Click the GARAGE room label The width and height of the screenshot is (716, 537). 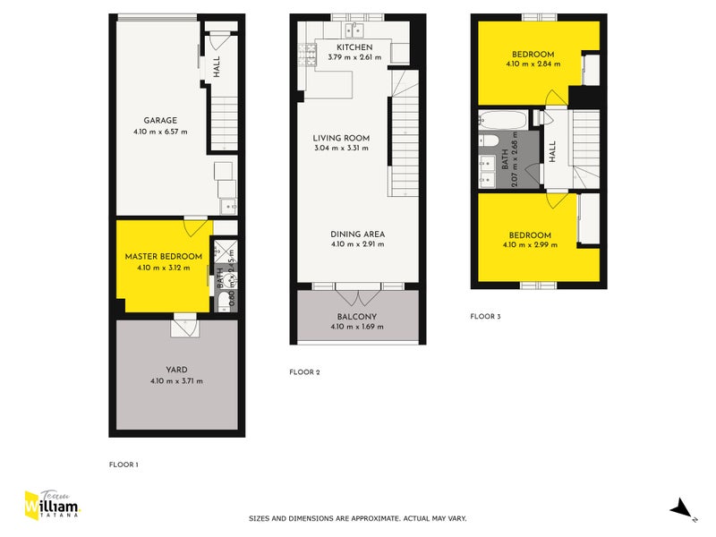click(161, 120)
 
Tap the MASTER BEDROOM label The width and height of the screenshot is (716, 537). click(163, 256)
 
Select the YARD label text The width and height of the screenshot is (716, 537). click(176, 370)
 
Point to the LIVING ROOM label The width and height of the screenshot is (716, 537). click(341, 138)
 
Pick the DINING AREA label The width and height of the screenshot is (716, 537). click(357, 234)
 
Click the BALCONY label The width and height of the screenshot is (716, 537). click(357, 317)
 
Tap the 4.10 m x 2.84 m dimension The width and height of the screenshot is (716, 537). click(533, 64)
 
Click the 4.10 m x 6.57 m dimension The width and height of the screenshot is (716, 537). click(161, 132)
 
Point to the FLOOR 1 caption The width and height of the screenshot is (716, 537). click(124, 465)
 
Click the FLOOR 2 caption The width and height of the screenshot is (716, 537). click(304, 371)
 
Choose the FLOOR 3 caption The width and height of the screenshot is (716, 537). click(486, 316)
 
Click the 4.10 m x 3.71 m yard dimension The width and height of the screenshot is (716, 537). click(176, 381)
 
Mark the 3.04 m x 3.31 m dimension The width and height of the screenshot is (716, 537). click(341, 149)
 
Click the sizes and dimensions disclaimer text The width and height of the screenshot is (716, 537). click(357, 518)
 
